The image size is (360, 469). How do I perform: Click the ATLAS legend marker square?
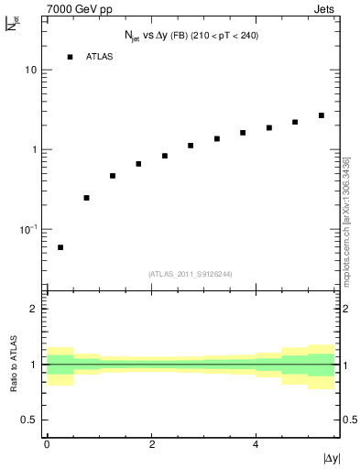click(x=70, y=57)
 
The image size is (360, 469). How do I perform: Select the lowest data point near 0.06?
click(x=60, y=247)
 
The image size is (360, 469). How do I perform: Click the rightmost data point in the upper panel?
click(x=322, y=115)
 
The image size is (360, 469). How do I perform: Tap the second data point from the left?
click(x=86, y=198)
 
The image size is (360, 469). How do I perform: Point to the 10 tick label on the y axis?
click(x=31, y=71)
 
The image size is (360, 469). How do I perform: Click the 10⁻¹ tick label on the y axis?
click(x=27, y=228)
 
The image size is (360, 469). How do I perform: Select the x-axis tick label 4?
click(x=256, y=443)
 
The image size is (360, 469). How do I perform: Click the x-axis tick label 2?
click(x=151, y=443)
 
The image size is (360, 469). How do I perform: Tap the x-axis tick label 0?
click(x=47, y=443)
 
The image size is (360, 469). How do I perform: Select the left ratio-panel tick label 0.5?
click(x=30, y=420)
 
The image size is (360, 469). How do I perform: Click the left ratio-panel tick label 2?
click(x=35, y=309)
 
